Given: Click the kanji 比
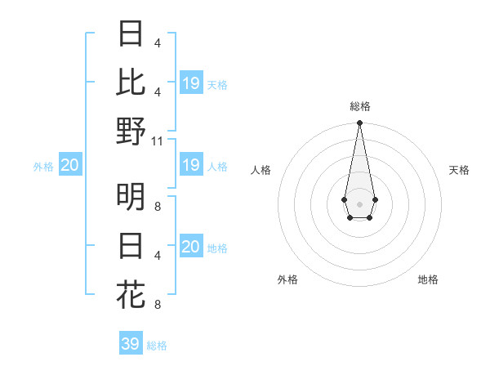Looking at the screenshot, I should [131, 83].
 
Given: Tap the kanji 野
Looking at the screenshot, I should [131, 132].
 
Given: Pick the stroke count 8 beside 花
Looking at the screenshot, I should [157, 305].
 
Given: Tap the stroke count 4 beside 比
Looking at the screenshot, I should [157, 92].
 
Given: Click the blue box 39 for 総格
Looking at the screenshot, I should [131, 344].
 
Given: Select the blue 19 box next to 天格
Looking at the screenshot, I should [191, 83].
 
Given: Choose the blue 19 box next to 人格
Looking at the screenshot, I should [191, 165].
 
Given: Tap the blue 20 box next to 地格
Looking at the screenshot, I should [191, 247].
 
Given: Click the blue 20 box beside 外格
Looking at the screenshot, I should [69, 165].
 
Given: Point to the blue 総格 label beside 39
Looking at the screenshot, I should [157, 346].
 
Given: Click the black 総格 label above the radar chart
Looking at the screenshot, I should [360, 106].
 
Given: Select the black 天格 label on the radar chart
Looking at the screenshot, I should [459, 170].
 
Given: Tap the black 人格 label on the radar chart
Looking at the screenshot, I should [261, 170].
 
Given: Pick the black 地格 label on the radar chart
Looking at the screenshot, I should [428, 279].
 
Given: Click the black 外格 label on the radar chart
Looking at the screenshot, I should [287, 279].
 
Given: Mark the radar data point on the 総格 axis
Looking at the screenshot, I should [359, 123].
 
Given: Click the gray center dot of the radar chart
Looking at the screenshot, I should [359, 203].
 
